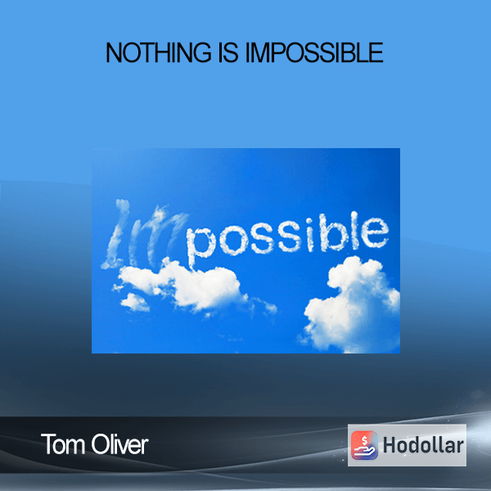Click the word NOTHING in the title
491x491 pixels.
click(159, 52)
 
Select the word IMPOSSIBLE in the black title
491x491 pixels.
click(314, 52)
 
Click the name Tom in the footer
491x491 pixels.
click(64, 444)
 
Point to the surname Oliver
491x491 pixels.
click(120, 444)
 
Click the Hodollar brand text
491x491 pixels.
click(423, 445)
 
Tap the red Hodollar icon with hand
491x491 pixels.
click(364, 445)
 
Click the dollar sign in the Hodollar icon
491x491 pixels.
click(364, 440)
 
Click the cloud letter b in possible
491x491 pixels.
click(336, 232)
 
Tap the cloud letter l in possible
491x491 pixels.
click(355, 230)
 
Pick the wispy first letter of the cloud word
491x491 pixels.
click(116, 234)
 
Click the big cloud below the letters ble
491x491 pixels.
click(352, 304)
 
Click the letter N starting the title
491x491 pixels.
click(115, 52)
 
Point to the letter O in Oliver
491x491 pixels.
click(99, 444)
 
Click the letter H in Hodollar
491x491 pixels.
click(390, 445)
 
